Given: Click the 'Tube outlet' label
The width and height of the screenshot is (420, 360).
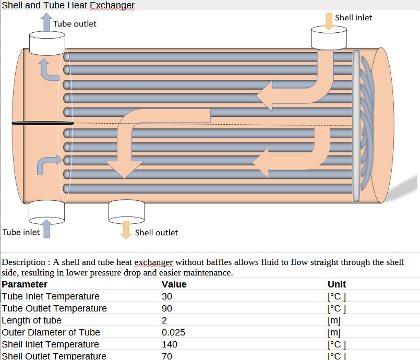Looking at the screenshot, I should tap(75, 23).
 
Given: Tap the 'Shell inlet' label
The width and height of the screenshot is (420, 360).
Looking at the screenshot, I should tap(353, 18).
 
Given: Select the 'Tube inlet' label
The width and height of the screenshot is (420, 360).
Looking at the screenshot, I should tap(21, 232).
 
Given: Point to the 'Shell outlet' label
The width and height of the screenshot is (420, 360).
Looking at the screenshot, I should tap(156, 233).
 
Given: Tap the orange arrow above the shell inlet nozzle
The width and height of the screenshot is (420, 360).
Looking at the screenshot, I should tap(328, 20).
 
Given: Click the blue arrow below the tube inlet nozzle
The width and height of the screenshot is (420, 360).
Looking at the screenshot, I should tap(47, 229).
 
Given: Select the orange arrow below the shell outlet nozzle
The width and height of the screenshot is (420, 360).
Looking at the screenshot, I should tap(125, 230).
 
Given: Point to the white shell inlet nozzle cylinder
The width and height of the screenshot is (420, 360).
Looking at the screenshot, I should tap(329, 38).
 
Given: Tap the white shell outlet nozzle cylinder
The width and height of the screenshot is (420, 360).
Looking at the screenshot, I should tap(126, 211).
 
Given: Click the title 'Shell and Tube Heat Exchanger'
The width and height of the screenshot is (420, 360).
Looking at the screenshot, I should tap(68, 5).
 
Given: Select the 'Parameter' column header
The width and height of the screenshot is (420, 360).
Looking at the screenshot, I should tap(25, 284).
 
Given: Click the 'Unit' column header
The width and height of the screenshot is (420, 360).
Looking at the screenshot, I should tap(337, 284).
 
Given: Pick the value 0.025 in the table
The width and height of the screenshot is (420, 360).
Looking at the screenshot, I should tap(173, 332).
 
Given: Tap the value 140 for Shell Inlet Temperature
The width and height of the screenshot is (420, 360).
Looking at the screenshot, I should tap(170, 344).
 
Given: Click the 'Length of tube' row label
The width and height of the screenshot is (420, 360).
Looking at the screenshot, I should tap(31, 320).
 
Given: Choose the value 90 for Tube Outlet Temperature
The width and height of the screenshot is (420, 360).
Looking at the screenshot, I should tap(167, 308).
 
